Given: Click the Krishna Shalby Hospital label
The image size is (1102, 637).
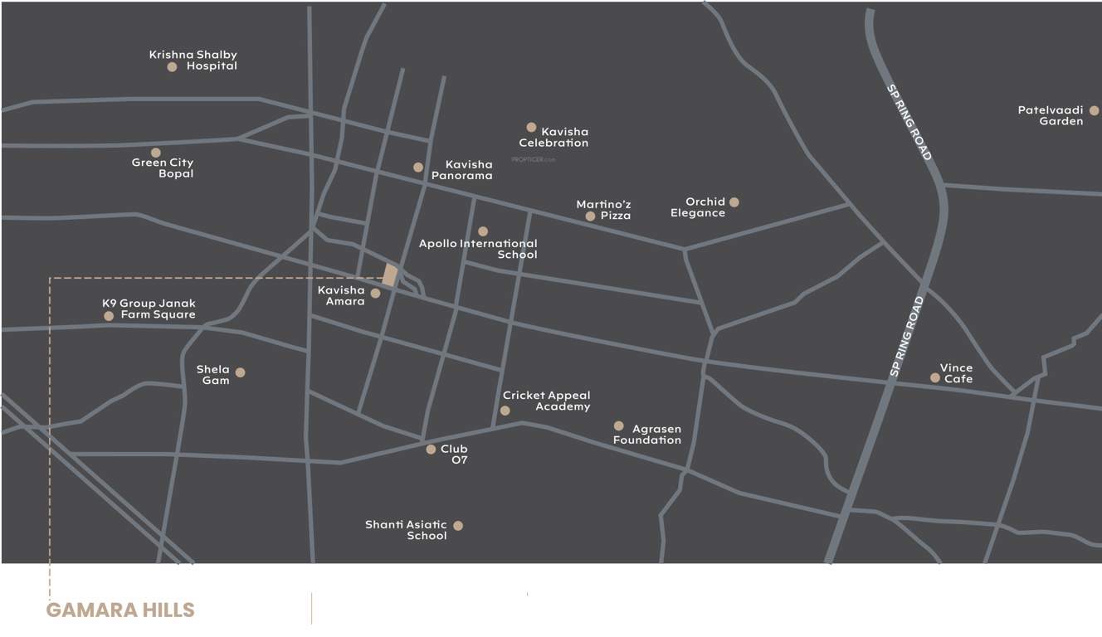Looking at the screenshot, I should (x=193, y=61).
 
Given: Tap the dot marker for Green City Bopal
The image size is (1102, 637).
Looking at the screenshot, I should (x=156, y=153).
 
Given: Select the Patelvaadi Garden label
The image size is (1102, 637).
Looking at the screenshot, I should (x=1051, y=115).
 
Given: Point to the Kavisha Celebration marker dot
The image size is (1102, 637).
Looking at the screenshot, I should (x=531, y=128).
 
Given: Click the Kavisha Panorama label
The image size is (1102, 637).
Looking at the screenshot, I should (x=462, y=170).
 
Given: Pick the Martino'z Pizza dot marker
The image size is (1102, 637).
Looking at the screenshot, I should (x=590, y=216).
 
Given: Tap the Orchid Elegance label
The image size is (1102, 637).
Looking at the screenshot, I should (x=698, y=207).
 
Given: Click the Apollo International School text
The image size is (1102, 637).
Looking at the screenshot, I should (x=478, y=249).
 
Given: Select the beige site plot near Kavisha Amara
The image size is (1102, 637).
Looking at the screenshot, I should (x=390, y=275).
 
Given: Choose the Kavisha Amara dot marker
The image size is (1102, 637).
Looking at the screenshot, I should (x=375, y=294).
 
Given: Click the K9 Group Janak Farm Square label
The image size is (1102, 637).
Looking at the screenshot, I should (x=149, y=309).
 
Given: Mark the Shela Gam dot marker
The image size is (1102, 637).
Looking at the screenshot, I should (x=240, y=372).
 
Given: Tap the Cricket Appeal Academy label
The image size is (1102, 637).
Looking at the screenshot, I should (x=547, y=401).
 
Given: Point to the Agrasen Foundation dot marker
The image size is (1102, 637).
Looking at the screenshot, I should (x=618, y=426).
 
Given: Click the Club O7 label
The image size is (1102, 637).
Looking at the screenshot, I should (x=454, y=455).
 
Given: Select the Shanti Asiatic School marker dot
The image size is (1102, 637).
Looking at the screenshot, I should (x=458, y=526).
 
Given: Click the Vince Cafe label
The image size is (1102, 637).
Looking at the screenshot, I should (x=957, y=373).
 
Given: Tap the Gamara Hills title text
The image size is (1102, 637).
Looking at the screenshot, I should (x=120, y=610).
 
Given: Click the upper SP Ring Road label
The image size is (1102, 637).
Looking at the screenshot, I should (x=909, y=123).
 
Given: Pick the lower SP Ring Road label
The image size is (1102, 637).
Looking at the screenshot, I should (x=906, y=337).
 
